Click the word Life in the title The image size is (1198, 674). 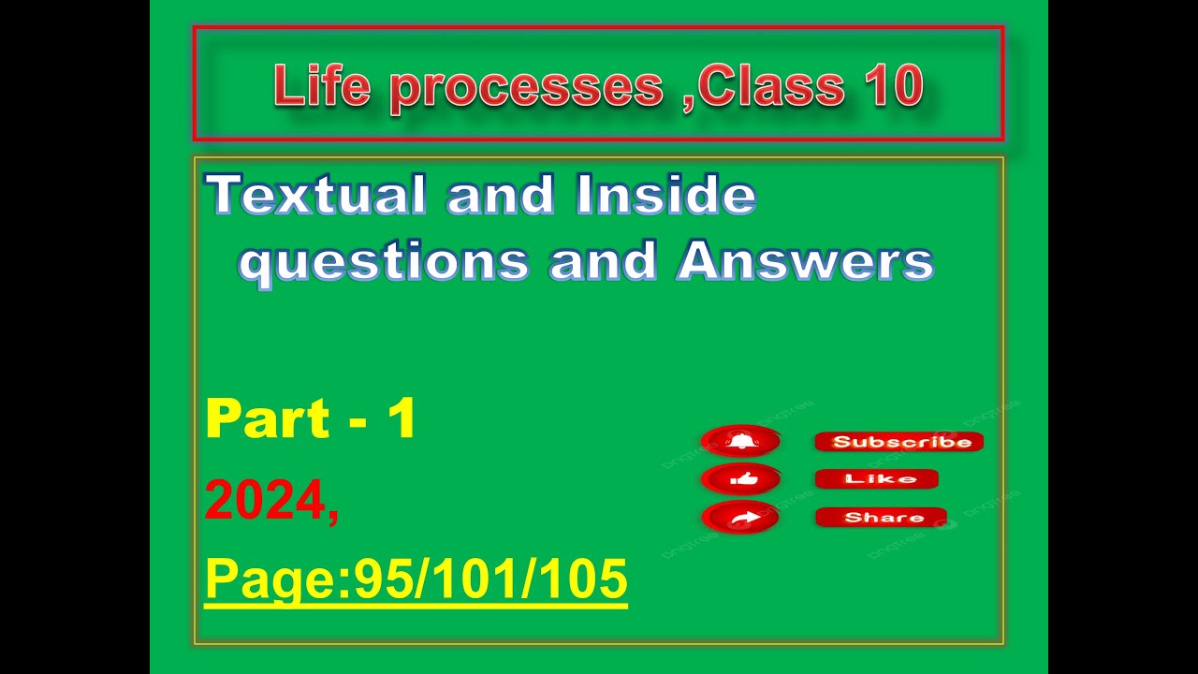point(320,86)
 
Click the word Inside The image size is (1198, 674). point(665,196)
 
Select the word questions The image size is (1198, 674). point(384,261)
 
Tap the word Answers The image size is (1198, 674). point(806,261)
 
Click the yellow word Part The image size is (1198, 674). point(268,418)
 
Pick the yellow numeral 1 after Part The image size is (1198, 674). point(402,418)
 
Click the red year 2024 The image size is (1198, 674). point(265,501)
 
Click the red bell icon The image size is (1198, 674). point(740,441)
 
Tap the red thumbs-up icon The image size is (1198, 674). point(740,479)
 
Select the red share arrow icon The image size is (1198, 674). point(740,518)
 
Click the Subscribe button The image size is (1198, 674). point(898,442)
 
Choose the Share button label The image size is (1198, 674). point(882,518)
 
